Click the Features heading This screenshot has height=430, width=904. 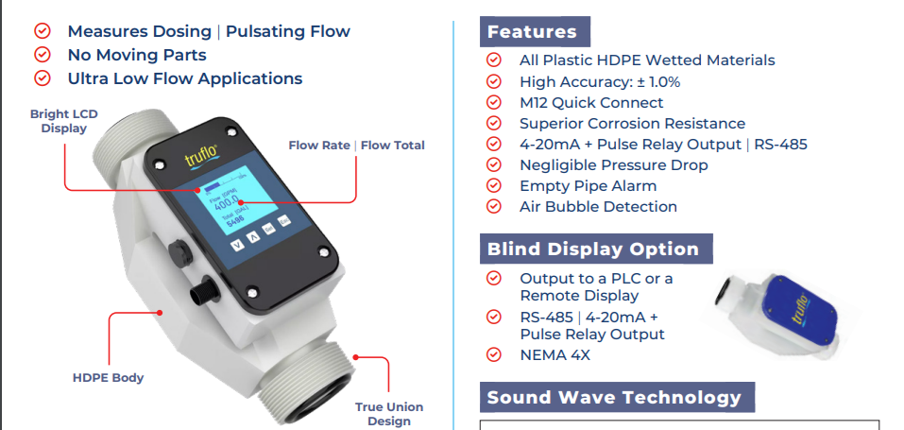click(532, 32)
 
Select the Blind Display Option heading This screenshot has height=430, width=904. click(593, 249)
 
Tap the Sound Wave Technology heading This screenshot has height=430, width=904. click(614, 397)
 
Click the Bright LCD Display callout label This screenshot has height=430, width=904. click(63, 121)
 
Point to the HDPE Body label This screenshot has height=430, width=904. click(108, 378)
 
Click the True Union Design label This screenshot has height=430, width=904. click(389, 414)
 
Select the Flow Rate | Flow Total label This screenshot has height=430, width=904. click(356, 146)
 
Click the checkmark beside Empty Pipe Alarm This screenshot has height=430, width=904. click(493, 186)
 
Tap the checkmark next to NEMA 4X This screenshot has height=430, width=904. click(493, 354)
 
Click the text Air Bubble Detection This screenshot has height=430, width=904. click(598, 207)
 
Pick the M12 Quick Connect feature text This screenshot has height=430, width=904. click(591, 103)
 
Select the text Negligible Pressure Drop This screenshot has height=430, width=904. click(613, 165)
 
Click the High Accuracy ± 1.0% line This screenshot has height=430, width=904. click(600, 82)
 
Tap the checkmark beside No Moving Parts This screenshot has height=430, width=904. click(42, 55)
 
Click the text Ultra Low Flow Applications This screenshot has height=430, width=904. click(184, 79)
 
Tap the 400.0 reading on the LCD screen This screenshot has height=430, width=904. click(227, 202)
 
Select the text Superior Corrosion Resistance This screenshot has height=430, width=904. click(632, 124)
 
